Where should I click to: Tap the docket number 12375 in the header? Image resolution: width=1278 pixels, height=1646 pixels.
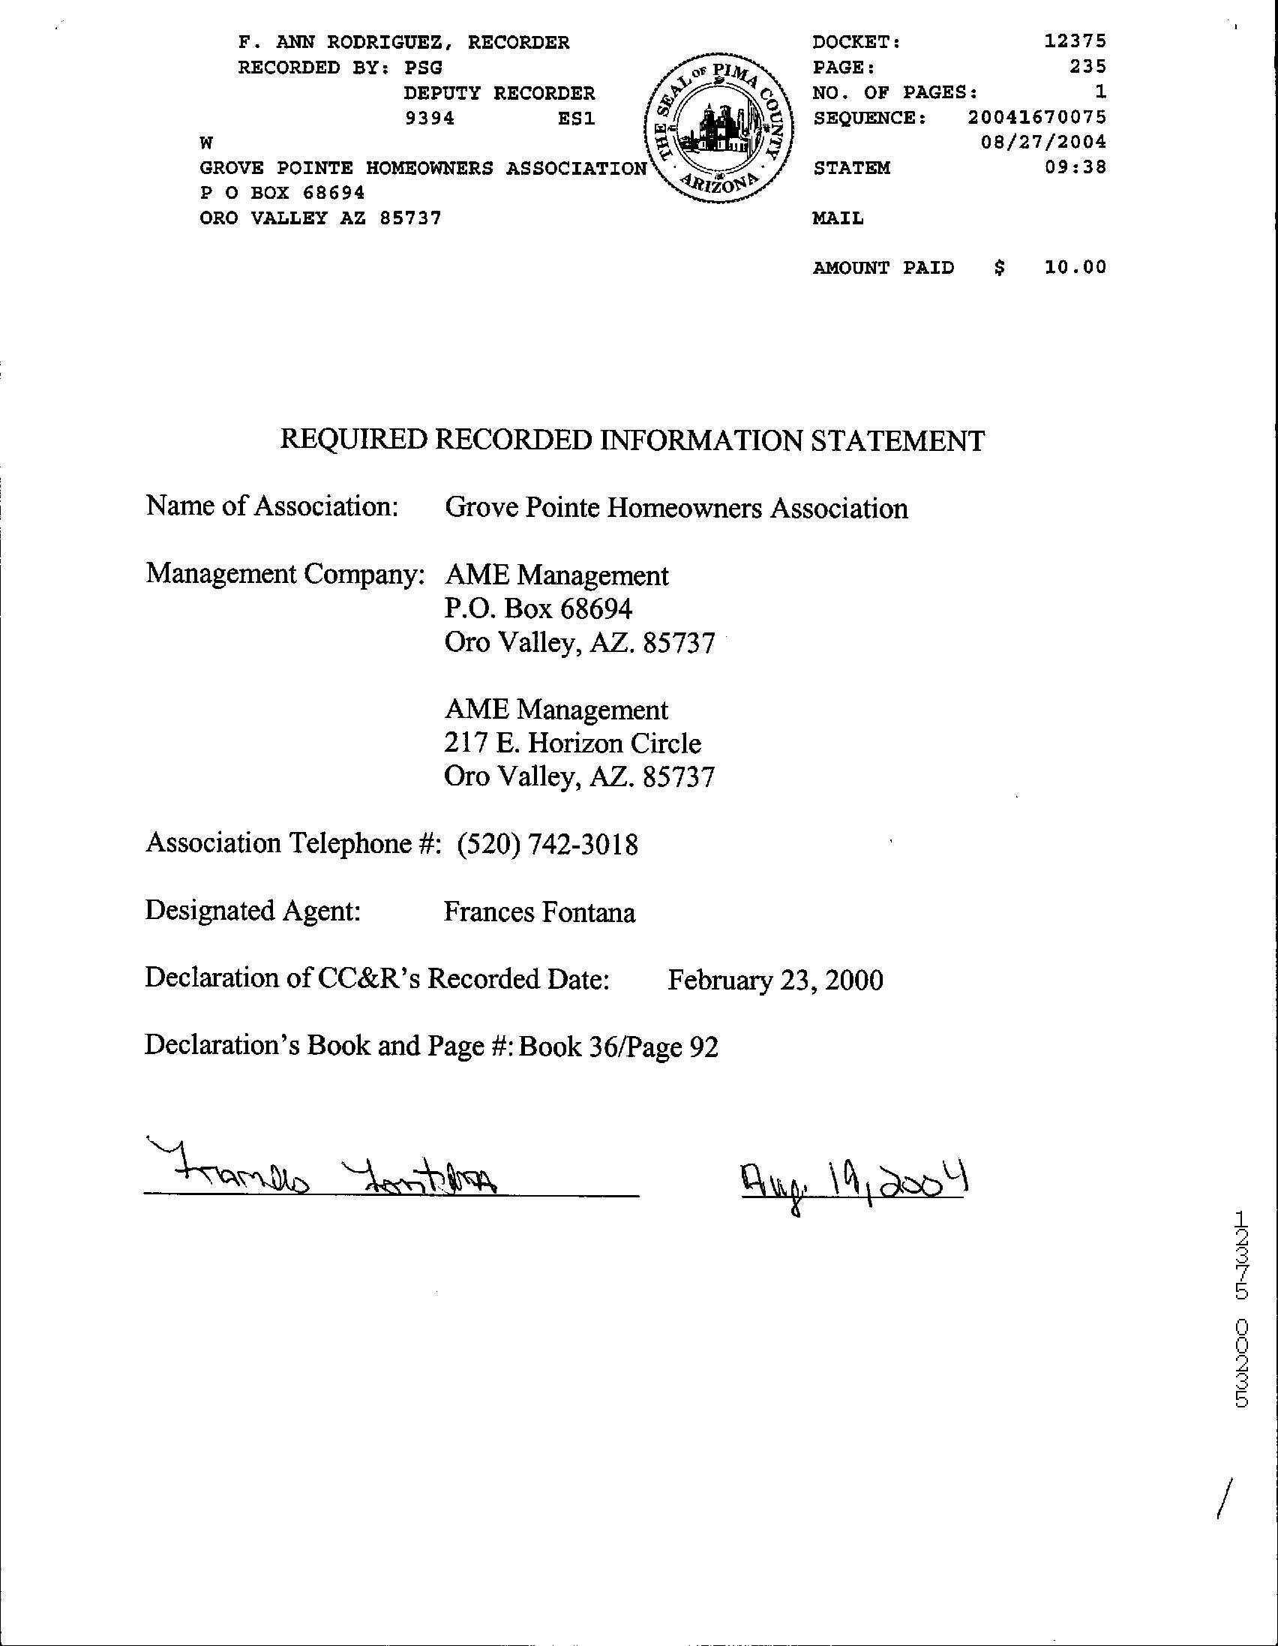coord(1075,42)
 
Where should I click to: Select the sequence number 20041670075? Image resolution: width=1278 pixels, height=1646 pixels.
coord(1036,118)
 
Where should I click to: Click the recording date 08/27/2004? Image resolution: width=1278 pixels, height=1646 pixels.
coord(1044,142)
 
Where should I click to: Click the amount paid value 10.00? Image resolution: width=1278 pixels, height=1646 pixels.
coord(1075,267)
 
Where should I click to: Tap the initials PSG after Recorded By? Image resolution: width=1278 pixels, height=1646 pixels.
coord(423,68)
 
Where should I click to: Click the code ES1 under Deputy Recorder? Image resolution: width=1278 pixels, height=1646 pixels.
coord(577,119)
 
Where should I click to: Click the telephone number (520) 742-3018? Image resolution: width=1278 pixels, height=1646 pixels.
coord(547,844)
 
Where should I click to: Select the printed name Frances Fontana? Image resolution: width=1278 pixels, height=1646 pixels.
coord(539,912)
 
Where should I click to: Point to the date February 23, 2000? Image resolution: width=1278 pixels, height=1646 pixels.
coord(775,980)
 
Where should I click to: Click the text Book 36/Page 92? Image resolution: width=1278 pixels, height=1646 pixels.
coord(619,1047)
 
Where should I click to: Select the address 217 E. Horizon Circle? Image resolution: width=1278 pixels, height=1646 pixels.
coord(573,743)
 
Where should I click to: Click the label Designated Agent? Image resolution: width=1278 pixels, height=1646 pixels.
coord(253,911)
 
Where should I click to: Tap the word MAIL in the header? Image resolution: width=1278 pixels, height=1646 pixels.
coord(838,218)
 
